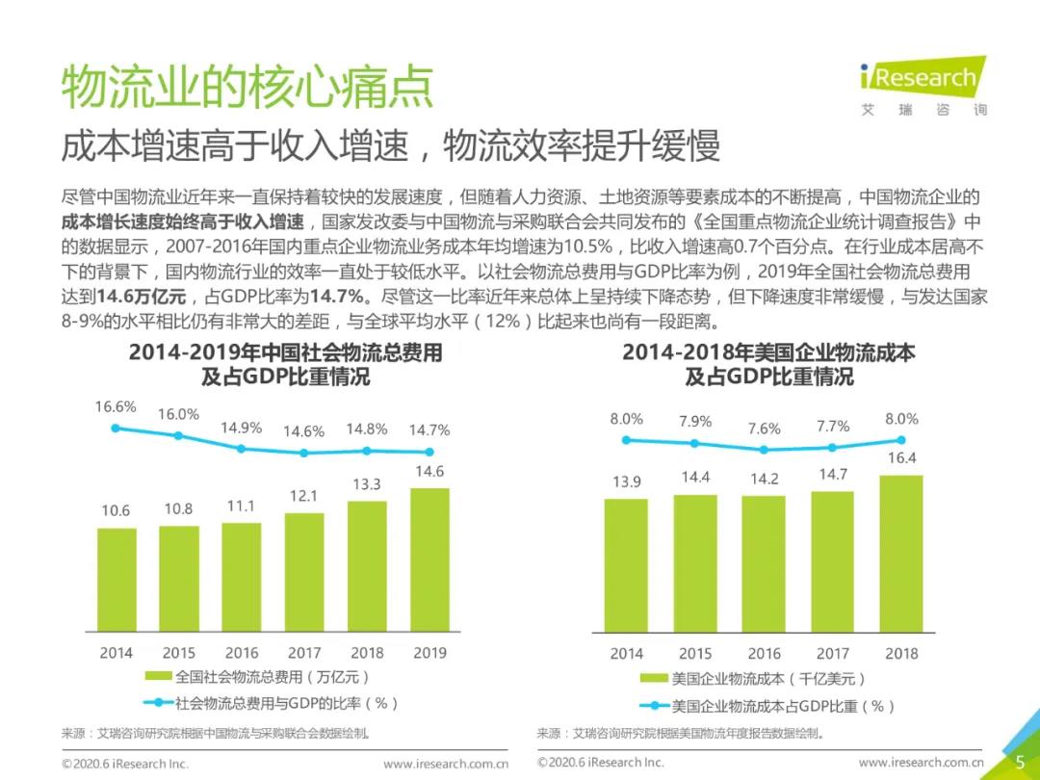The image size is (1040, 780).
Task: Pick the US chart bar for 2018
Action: click(x=901, y=553)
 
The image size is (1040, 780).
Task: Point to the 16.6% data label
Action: click(x=116, y=406)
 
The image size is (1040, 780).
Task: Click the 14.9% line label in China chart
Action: click(x=242, y=428)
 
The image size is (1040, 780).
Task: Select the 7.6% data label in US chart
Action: click(x=764, y=429)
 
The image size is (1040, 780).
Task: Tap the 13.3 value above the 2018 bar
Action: click(x=366, y=483)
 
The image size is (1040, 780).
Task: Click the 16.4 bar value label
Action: click(x=901, y=458)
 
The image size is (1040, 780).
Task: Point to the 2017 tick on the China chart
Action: click(x=304, y=653)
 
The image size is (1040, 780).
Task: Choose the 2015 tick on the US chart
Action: click(x=695, y=654)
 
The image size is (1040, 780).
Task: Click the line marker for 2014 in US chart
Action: click(x=627, y=440)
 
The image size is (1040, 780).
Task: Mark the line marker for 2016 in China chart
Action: click(x=242, y=448)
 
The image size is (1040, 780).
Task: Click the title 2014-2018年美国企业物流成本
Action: click(x=768, y=352)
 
